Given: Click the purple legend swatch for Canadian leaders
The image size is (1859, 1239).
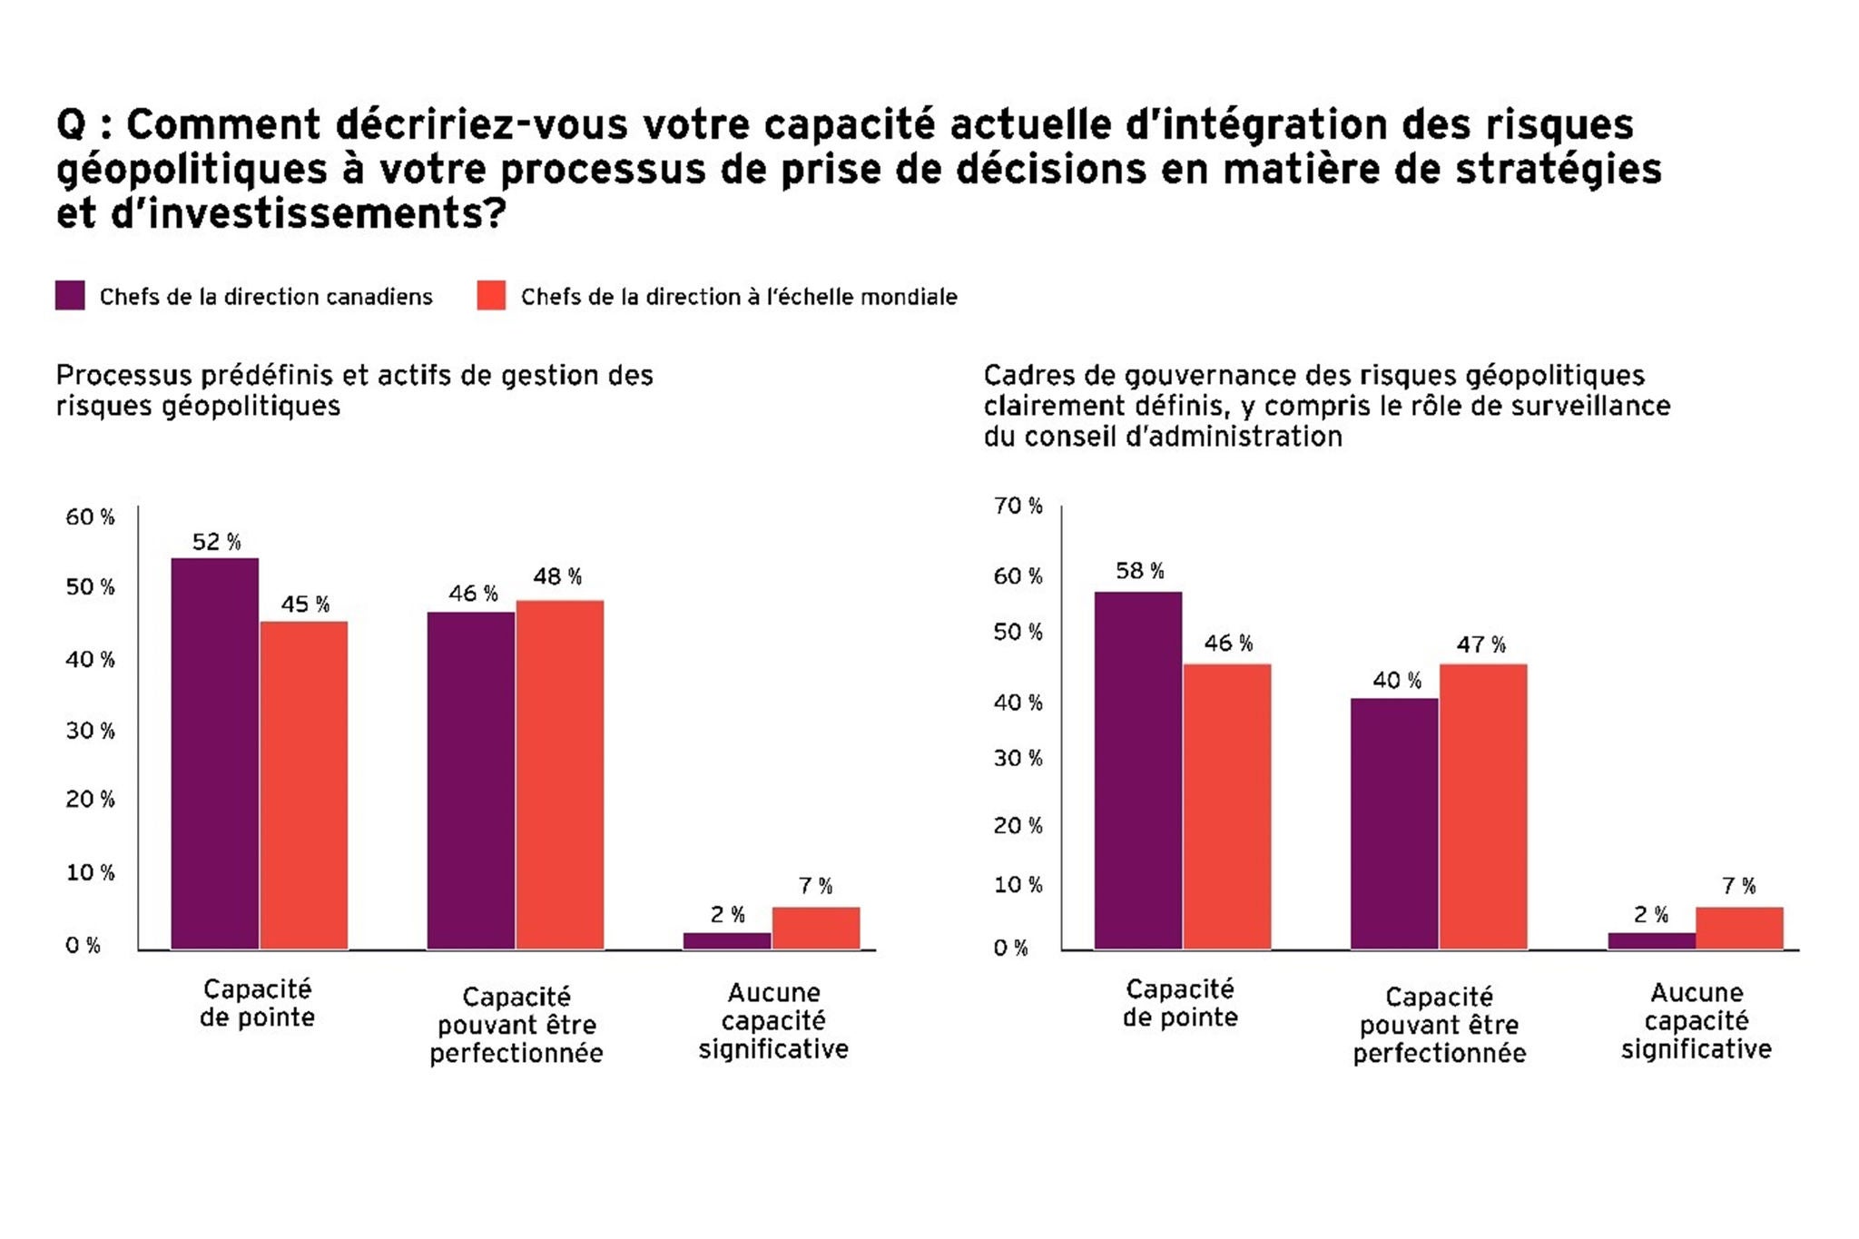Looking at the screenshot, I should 70,296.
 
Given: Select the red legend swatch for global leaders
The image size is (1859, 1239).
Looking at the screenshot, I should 491,296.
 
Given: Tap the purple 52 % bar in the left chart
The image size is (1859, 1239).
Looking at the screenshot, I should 215,753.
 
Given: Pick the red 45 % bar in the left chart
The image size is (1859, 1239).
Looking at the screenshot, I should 304,785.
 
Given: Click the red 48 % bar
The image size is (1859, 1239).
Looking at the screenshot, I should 560,774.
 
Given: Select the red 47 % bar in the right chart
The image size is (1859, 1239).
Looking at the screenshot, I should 1483,806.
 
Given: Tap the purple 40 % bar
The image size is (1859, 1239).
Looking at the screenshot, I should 1394,823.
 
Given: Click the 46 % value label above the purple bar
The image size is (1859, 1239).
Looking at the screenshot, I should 473,594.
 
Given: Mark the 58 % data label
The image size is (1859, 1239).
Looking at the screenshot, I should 1140,571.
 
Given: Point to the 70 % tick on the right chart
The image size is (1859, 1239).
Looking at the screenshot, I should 1018,506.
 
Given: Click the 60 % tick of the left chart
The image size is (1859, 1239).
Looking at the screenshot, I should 90,517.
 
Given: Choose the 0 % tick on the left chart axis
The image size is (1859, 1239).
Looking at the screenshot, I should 83,946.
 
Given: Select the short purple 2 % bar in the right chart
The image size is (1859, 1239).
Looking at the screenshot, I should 1651,940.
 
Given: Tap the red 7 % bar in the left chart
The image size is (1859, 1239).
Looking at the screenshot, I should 816,928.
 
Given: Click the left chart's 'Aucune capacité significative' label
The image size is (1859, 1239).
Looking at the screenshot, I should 773,1021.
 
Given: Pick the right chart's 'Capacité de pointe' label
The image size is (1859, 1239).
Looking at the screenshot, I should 1180,1003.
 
